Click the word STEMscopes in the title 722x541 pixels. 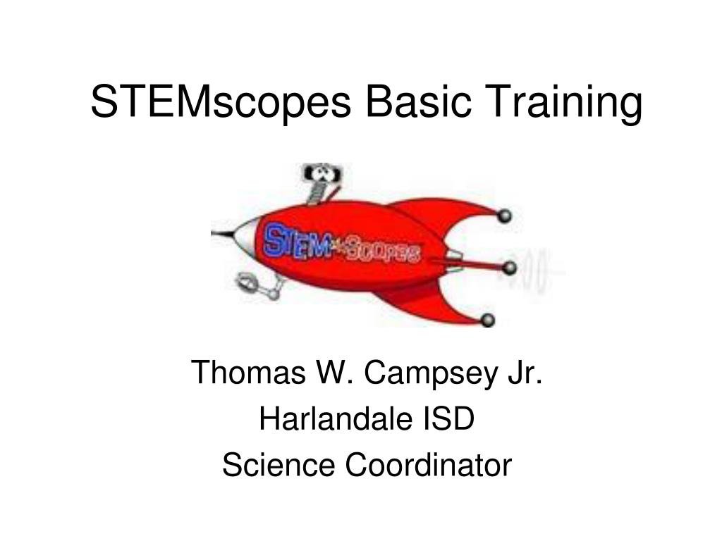tap(221, 102)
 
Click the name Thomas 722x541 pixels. tap(248, 372)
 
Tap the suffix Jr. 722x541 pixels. tap(525, 372)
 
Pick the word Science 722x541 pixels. tap(279, 465)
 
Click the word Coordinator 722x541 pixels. tap(428, 465)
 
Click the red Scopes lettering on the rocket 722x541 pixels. tap(383, 251)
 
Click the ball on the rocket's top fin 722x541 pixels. tap(504, 216)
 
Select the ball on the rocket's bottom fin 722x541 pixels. tap(487, 319)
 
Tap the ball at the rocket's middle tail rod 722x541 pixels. tap(509, 268)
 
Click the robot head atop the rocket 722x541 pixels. tap(322, 173)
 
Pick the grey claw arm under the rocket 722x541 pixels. tap(259, 286)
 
